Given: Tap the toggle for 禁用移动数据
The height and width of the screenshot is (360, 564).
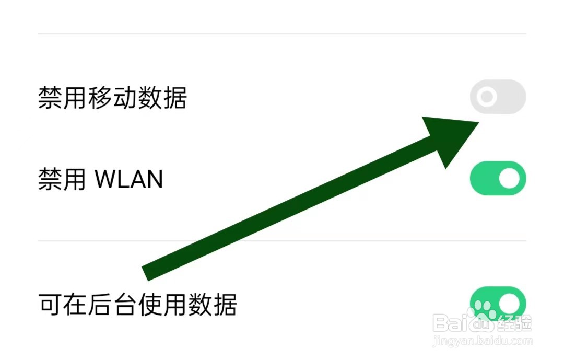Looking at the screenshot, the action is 498,97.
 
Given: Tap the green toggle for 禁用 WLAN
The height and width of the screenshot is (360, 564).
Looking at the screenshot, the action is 498,179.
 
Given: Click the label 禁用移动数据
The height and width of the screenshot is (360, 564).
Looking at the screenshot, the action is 112,98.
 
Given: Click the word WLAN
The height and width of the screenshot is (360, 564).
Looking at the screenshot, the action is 128,179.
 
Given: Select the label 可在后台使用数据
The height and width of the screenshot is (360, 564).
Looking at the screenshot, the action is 137,304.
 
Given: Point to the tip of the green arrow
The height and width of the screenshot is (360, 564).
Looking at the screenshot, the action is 477,123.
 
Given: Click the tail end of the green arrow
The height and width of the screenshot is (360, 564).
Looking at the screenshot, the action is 146,273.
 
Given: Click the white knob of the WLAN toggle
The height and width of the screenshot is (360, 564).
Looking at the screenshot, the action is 509,179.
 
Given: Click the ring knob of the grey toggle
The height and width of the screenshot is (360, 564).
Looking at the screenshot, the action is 487,97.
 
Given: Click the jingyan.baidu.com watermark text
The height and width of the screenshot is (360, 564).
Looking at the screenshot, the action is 484,341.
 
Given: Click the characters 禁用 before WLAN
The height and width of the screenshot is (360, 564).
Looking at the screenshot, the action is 62,179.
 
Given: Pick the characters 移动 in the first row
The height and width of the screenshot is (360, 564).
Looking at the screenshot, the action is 112,98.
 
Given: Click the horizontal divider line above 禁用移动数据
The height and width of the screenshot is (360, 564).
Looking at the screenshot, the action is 282,34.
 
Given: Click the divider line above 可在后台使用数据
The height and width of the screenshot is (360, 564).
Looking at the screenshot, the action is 282,241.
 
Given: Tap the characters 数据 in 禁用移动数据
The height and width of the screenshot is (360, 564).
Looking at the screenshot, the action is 162,98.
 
